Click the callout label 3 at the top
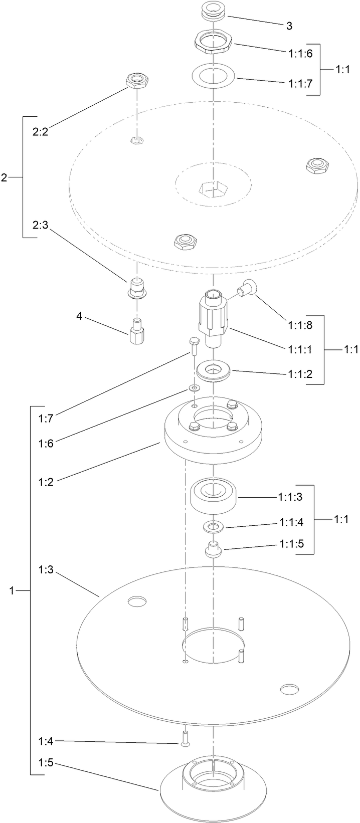[x=290, y=26]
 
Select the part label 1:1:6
[x=300, y=54]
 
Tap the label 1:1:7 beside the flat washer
[x=300, y=84]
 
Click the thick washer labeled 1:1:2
[x=214, y=372]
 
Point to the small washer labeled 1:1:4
[x=214, y=526]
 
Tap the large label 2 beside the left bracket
[x=4, y=177]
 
